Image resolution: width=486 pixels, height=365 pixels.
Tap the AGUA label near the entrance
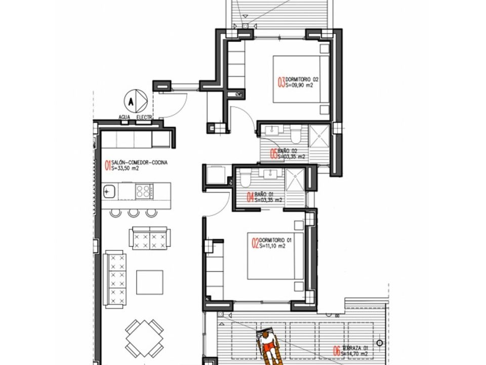124,116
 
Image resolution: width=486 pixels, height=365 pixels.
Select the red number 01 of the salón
107,164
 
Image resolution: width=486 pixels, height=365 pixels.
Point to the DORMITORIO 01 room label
275,240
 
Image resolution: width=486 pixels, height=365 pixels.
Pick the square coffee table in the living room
149,282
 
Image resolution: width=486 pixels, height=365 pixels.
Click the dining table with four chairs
144,338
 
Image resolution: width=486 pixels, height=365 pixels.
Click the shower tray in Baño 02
320,137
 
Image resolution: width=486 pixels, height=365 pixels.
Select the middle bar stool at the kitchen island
133,212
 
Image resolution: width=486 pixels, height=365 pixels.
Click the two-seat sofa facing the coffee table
149,238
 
